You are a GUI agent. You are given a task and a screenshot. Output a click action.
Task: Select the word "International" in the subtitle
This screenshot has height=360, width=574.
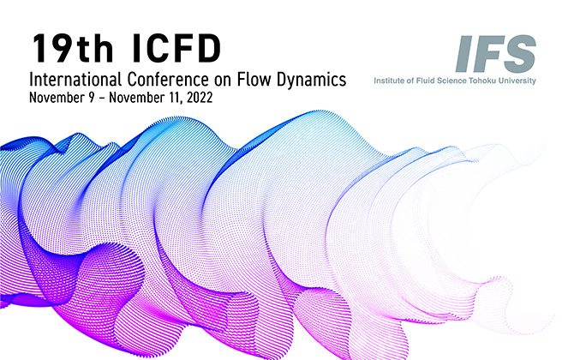(74, 80)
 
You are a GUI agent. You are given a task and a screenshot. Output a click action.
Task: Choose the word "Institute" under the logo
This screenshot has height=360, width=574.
(390, 81)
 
